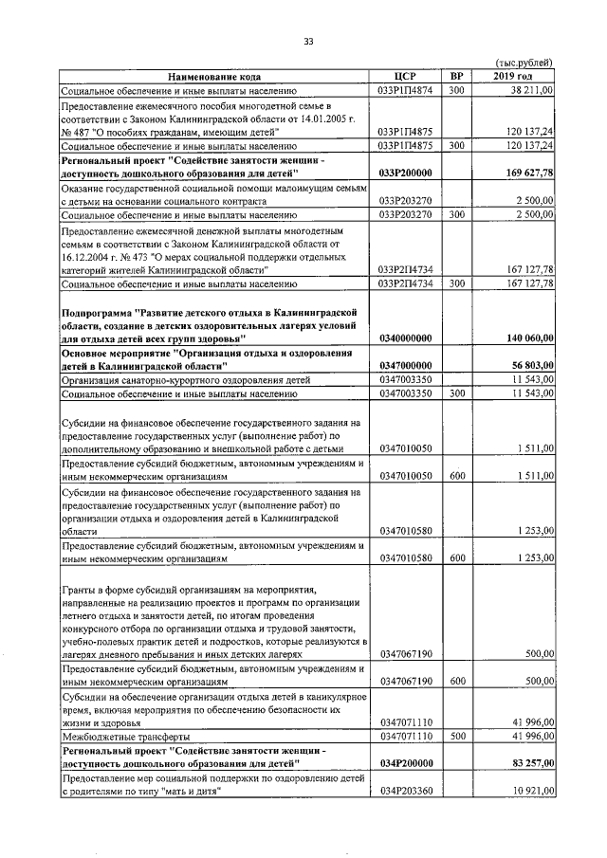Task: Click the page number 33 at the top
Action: (308, 40)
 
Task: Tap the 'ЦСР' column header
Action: (405, 77)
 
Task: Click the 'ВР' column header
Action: (456, 77)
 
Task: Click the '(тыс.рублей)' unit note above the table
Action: (524, 64)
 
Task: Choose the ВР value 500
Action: (456, 736)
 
